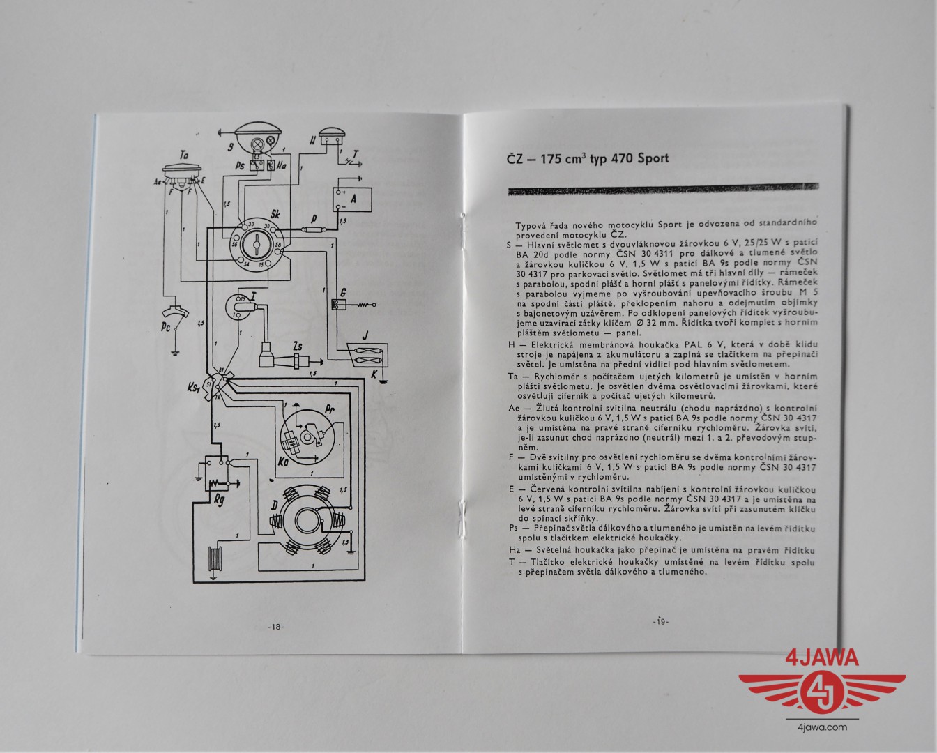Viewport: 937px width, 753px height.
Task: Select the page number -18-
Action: click(275, 627)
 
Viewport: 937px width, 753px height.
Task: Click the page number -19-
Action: click(660, 621)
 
